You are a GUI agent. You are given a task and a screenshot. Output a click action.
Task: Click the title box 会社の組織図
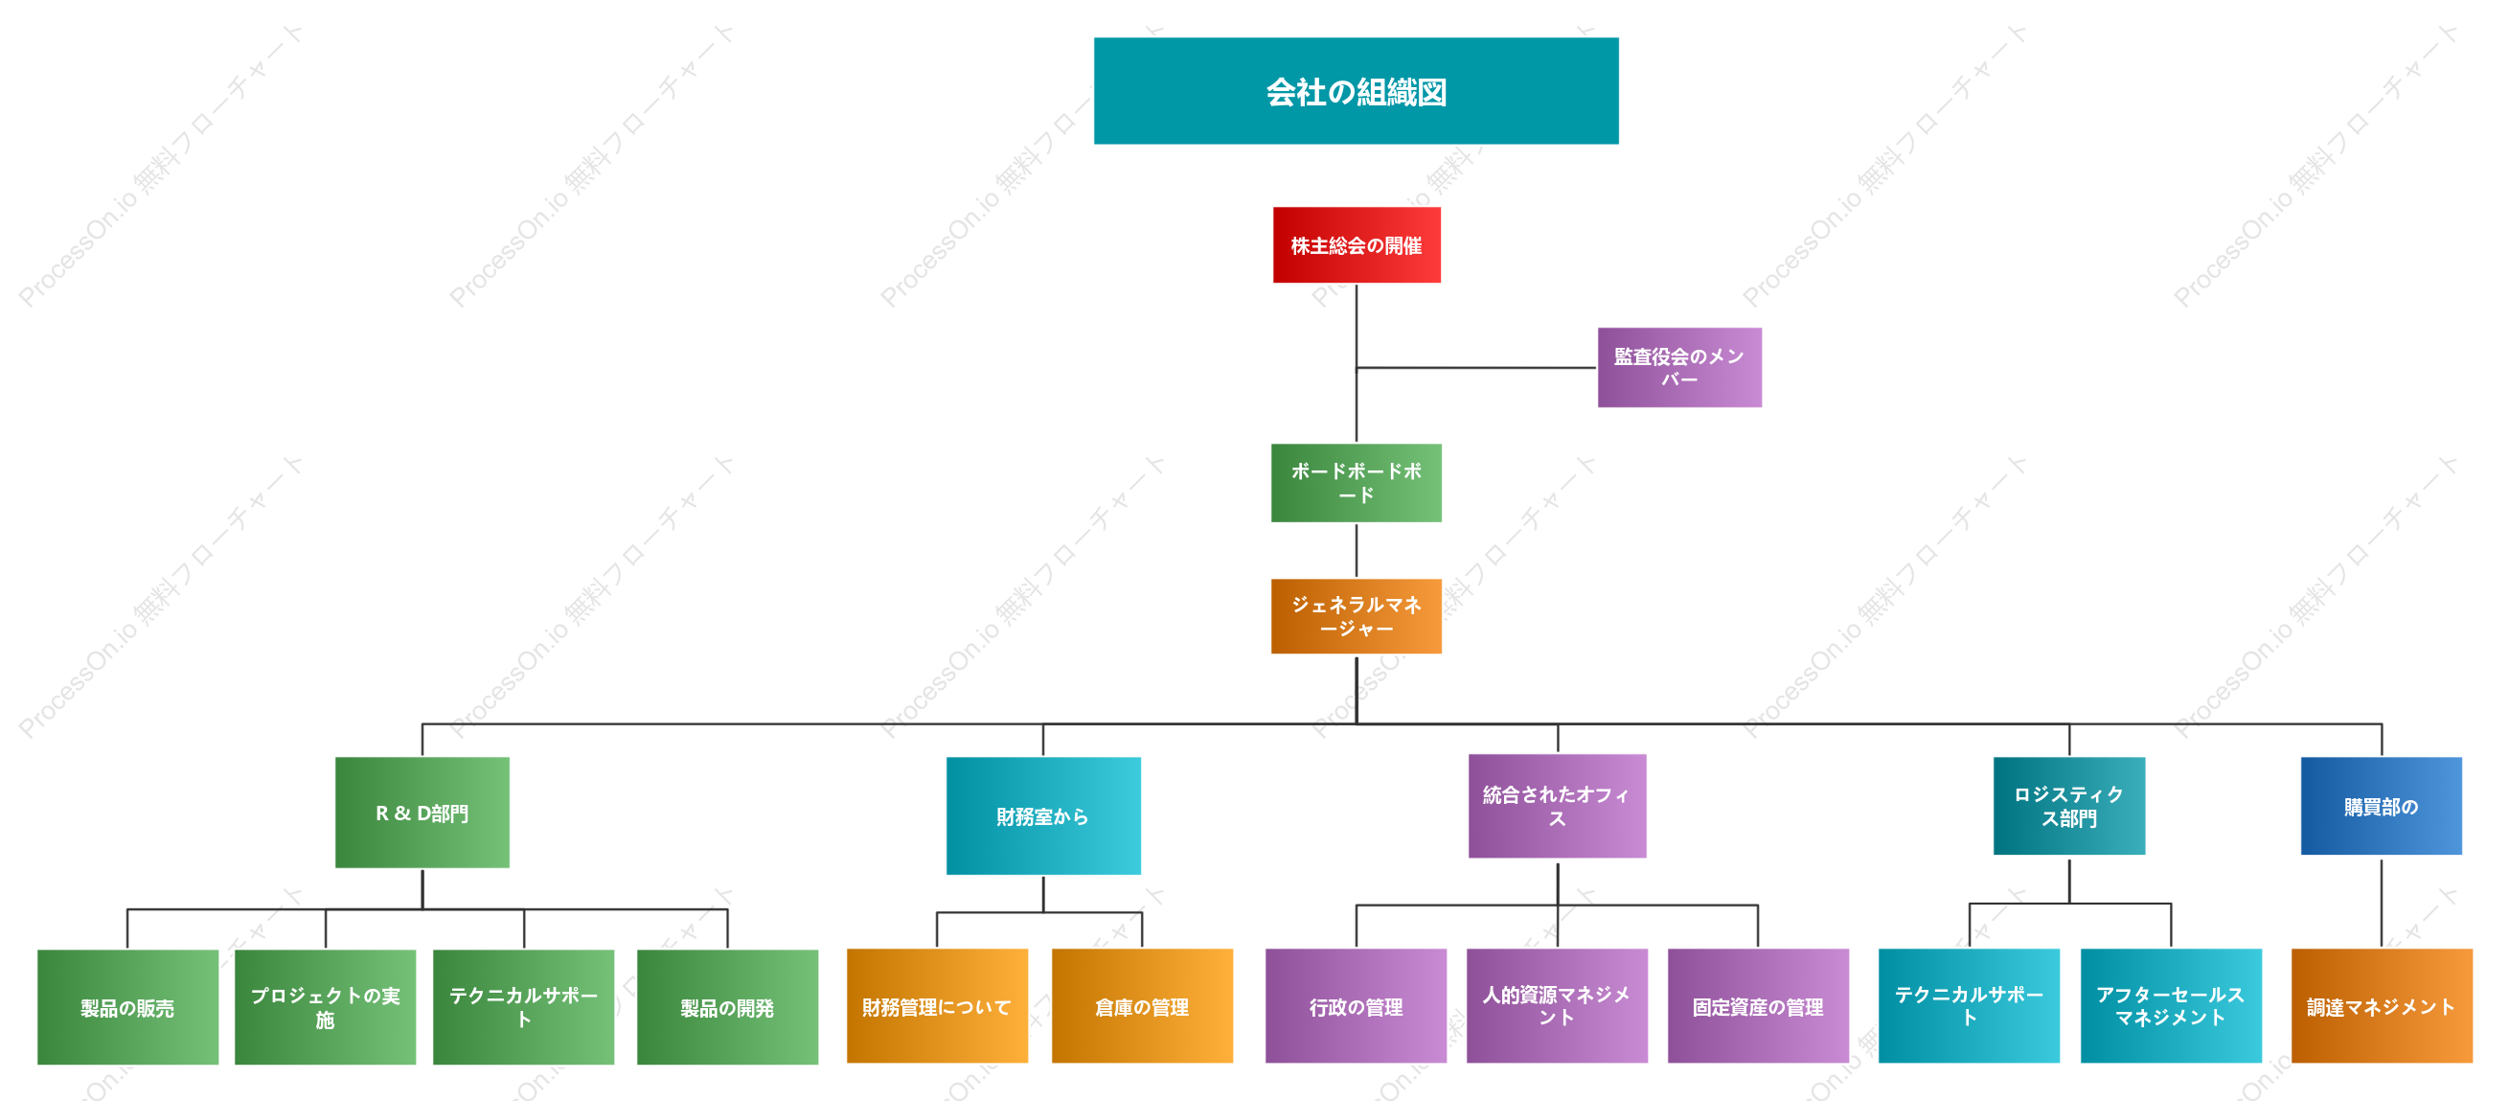[1356, 91]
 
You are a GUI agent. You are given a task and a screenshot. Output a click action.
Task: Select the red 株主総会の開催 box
[1356, 244]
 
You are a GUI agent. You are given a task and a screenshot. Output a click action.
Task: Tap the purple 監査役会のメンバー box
[1679, 367]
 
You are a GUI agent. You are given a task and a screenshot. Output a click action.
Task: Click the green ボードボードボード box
[1356, 483]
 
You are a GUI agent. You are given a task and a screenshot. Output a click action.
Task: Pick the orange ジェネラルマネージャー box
[1356, 616]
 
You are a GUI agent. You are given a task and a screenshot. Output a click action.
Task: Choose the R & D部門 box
[422, 813]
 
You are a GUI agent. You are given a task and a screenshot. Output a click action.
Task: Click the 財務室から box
[1043, 815]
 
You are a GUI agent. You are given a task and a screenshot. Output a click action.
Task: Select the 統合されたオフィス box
[1558, 806]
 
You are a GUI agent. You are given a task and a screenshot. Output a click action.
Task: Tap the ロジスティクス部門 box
[2068, 806]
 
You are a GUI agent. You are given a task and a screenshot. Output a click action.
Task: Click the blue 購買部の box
[2382, 806]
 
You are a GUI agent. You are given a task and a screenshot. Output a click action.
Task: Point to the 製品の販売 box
[127, 1006]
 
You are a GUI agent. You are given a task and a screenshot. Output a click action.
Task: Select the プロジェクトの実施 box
[326, 1006]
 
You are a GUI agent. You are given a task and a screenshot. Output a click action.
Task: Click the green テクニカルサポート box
[524, 1006]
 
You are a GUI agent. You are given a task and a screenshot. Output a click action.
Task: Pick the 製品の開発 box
[727, 1006]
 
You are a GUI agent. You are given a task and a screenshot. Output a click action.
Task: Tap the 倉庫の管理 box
[1143, 1005]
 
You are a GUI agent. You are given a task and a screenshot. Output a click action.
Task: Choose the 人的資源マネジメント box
[1558, 1005]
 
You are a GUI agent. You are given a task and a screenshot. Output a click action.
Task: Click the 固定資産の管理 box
[1758, 1005]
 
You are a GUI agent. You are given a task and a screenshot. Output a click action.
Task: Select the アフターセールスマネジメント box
[2171, 1005]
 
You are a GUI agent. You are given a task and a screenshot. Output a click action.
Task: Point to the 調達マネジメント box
[2382, 1005]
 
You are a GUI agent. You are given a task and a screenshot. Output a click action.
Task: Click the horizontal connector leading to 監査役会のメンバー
[1476, 367]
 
